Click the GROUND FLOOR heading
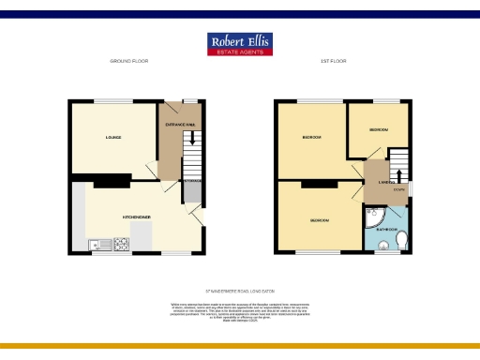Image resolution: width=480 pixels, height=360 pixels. tap(129, 61)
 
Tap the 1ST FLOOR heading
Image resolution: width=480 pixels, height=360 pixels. tap(334, 61)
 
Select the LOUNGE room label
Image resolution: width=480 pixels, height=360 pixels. tap(113, 138)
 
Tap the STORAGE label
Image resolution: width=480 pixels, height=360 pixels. tap(191, 180)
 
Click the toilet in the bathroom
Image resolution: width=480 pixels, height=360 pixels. tap(401, 241)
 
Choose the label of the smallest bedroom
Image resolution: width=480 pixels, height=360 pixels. tap(378, 129)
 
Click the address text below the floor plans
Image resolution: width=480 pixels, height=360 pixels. tap(239, 291)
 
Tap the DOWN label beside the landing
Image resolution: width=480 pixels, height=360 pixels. tap(400, 190)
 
